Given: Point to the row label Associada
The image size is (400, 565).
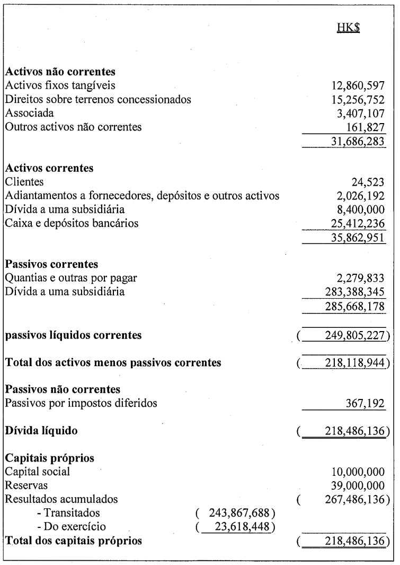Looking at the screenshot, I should pos(29,113).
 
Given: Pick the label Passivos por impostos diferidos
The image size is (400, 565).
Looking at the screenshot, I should pos(81,403).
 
